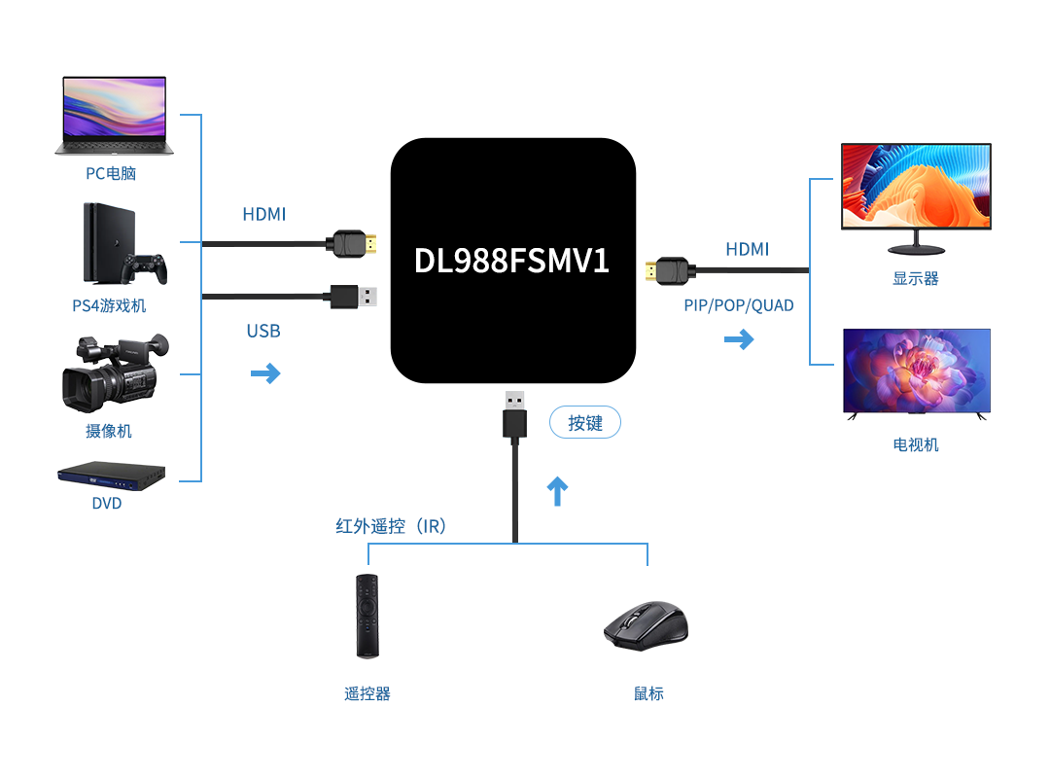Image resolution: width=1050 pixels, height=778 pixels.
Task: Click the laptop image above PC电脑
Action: pyautogui.click(x=114, y=115)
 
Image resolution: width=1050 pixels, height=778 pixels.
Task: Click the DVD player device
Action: pyautogui.click(x=111, y=474)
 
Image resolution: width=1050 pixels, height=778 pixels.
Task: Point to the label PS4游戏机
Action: pyautogui.click(x=109, y=305)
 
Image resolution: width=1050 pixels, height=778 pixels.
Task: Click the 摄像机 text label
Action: pyautogui.click(x=109, y=431)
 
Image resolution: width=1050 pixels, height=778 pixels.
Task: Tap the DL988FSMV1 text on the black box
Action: pyautogui.click(x=511, y=260)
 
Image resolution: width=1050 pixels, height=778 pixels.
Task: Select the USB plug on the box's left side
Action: pyautogui.click(x=354, y=296)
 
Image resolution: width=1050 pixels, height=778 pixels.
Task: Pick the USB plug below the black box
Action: pyautogui.click(x=514, y=416)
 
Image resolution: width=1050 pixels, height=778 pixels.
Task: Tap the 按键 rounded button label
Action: pyautogui.click(x=585, y=423)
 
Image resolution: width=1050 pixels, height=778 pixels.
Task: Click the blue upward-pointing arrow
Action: pyautogui.click(x=557, y=491)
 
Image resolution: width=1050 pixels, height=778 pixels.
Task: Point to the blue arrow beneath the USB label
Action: pyautogui.click(x=265, y=372)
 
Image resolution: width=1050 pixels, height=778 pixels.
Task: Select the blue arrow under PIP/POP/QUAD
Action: pyautogui.click(x=739, y=339)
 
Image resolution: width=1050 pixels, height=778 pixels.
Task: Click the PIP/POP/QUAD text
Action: pyautogui.click(x=739, y=305)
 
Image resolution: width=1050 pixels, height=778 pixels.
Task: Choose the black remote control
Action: pyautogui.click(x=367, y=616)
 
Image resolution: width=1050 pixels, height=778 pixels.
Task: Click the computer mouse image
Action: pyautogui.click(x=646, y=624)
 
